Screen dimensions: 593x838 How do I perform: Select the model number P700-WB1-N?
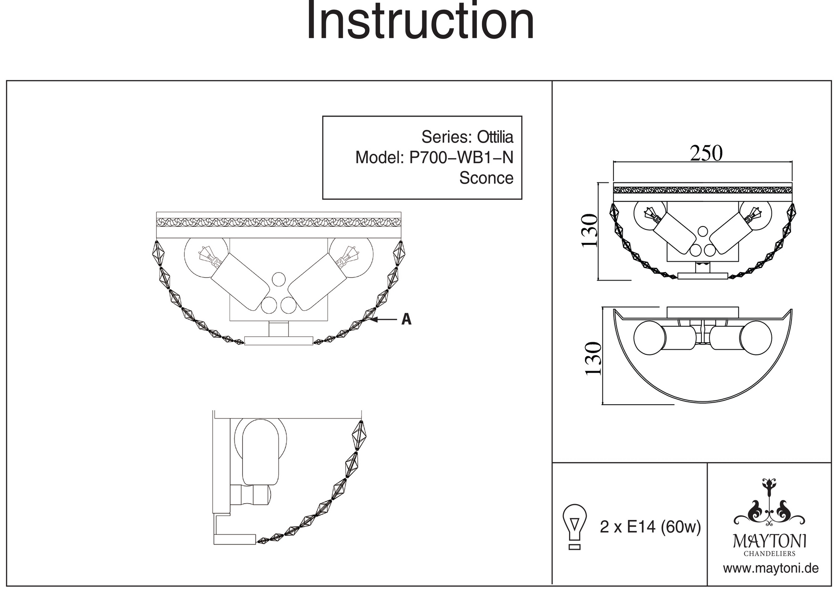(461, 157)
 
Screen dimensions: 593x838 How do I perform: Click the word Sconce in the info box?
(486, 178)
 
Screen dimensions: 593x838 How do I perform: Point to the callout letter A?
(406, 320)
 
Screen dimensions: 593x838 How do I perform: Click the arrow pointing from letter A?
(383, 320)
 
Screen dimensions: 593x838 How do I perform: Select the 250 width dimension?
(706, 153)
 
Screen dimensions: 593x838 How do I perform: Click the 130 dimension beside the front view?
(589, 231)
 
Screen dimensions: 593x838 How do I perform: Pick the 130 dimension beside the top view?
(592, 359)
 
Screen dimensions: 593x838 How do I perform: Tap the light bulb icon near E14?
(575, 526)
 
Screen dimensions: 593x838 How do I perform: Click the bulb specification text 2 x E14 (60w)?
(650, 527)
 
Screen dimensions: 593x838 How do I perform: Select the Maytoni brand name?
(769, 541)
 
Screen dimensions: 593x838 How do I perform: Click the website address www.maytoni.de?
(771, 569)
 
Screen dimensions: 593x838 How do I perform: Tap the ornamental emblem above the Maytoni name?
(769, 503)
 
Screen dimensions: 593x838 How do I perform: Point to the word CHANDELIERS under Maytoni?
(769, 554)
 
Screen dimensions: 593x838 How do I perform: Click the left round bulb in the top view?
(649, 338)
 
